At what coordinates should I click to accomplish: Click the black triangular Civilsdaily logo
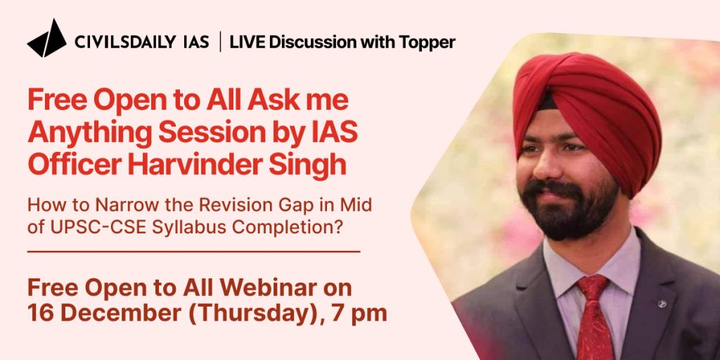click(x=47, y=39)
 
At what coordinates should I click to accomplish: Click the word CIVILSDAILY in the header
click(x=125, y=42)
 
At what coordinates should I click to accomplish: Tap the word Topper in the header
click(x=427, y=43)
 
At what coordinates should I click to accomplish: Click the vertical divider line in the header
click(x=220, y=41)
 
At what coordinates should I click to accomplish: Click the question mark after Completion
click(x=340, y=227)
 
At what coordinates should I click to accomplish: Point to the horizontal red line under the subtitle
click(x=194, y=252)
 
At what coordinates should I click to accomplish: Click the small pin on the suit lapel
click(x=662, y=304)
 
